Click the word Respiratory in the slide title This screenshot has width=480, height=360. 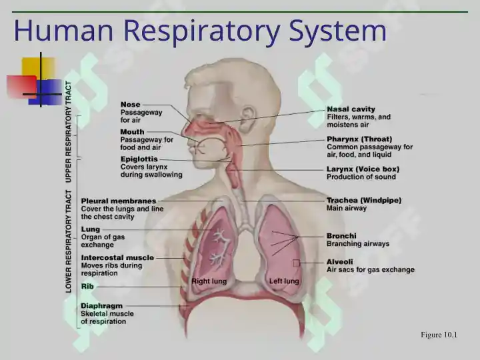[x=202, y=31]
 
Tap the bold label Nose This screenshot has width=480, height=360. [x=130, y=105]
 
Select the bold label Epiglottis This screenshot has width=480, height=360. [x=139, y=159]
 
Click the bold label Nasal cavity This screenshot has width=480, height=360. [x=351, y=109]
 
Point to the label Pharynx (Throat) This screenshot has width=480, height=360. [x=359, y=139]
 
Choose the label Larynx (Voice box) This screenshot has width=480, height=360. [x=363, y=169]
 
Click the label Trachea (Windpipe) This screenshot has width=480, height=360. [x=364, y=200]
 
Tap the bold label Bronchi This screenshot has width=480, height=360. [x=341, y=236]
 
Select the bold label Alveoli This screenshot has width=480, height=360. [x=339, y=262]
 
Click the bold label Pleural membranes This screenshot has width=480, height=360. [x=119, y=201]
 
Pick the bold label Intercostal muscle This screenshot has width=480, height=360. [x=117, y=258]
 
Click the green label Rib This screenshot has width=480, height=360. [x=87, y=287]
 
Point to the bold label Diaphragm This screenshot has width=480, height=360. [x=101, y=306]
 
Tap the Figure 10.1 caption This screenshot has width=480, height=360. [x=439, y=335]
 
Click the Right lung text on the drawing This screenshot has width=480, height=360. [x=209, y=281]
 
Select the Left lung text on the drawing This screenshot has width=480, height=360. [x=284, y=281]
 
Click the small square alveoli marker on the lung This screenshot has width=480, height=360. [x=296, y=263]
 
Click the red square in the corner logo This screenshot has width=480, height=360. [x=21, y=87]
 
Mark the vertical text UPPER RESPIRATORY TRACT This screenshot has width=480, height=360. [x=69, y=132]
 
